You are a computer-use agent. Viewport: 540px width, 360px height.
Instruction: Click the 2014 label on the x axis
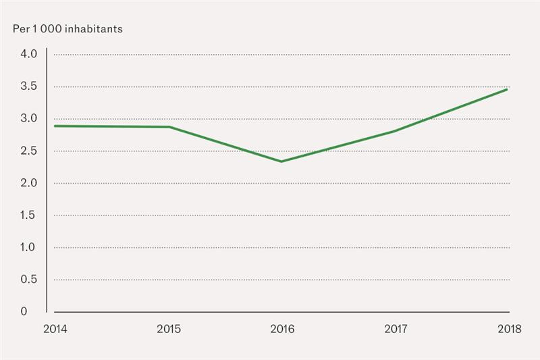55,329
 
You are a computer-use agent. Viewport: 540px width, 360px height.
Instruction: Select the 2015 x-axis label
168,329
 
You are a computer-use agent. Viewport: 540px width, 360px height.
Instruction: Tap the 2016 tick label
281,329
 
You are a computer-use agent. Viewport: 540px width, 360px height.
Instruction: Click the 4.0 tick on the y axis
28,55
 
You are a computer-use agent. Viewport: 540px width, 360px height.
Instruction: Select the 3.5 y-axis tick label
28,86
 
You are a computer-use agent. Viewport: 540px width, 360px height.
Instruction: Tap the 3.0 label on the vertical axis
28,119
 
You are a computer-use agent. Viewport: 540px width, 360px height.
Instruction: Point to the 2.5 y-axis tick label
28,151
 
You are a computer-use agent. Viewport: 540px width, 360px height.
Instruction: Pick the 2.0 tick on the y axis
28,183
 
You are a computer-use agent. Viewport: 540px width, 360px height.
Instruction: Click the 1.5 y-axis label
28,215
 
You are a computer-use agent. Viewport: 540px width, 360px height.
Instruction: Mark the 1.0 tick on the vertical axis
28,247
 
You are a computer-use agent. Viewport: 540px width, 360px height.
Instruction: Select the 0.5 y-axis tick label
28,279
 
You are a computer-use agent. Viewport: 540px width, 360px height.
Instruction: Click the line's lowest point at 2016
281,161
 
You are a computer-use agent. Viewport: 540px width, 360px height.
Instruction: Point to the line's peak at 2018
507,89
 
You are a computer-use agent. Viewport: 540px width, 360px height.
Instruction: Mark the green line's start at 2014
55,126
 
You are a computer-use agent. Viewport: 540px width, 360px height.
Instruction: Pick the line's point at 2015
168,127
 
